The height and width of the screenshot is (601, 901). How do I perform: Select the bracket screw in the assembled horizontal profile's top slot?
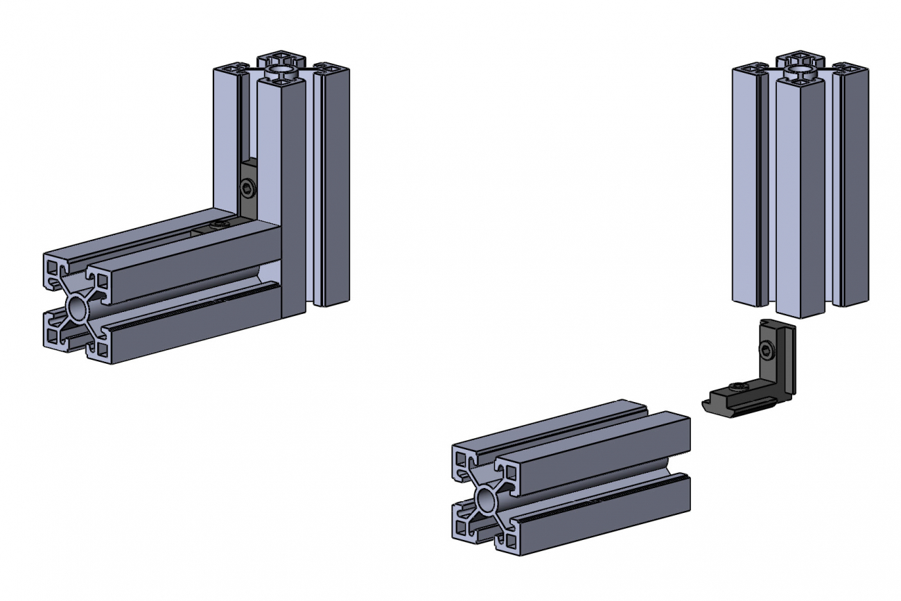pyautogui.click(x=220, y=226)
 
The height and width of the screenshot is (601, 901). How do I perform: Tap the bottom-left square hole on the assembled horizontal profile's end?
pyautogui.click(x=53, y=336)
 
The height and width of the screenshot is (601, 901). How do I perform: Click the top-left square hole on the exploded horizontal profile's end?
pyautogui.click(x=461, y=457)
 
